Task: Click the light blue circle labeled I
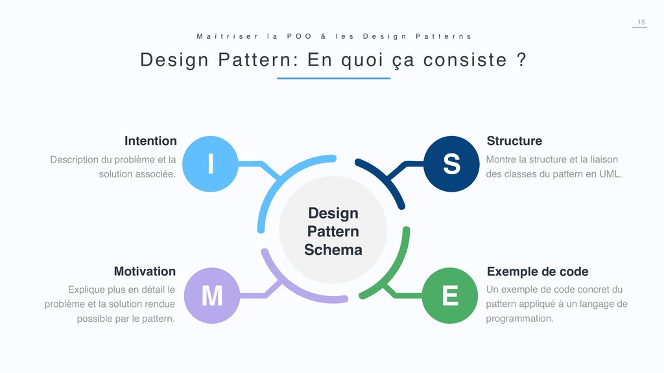pos(211,164)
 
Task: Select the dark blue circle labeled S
pos(451,164)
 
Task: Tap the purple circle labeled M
pos(211,295)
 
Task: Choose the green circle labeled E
pos(450,295)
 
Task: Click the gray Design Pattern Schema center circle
pos(333,231)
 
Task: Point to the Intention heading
pos(150,141)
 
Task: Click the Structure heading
pos(514,141)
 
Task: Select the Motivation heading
pos(145,271)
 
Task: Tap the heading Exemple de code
pos(538,271)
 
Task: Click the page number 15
pos(641,23)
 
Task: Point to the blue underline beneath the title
pos(333,78)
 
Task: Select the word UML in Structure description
pos(610,174)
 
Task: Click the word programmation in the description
pos(519,318)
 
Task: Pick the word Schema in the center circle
pos(333,249)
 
